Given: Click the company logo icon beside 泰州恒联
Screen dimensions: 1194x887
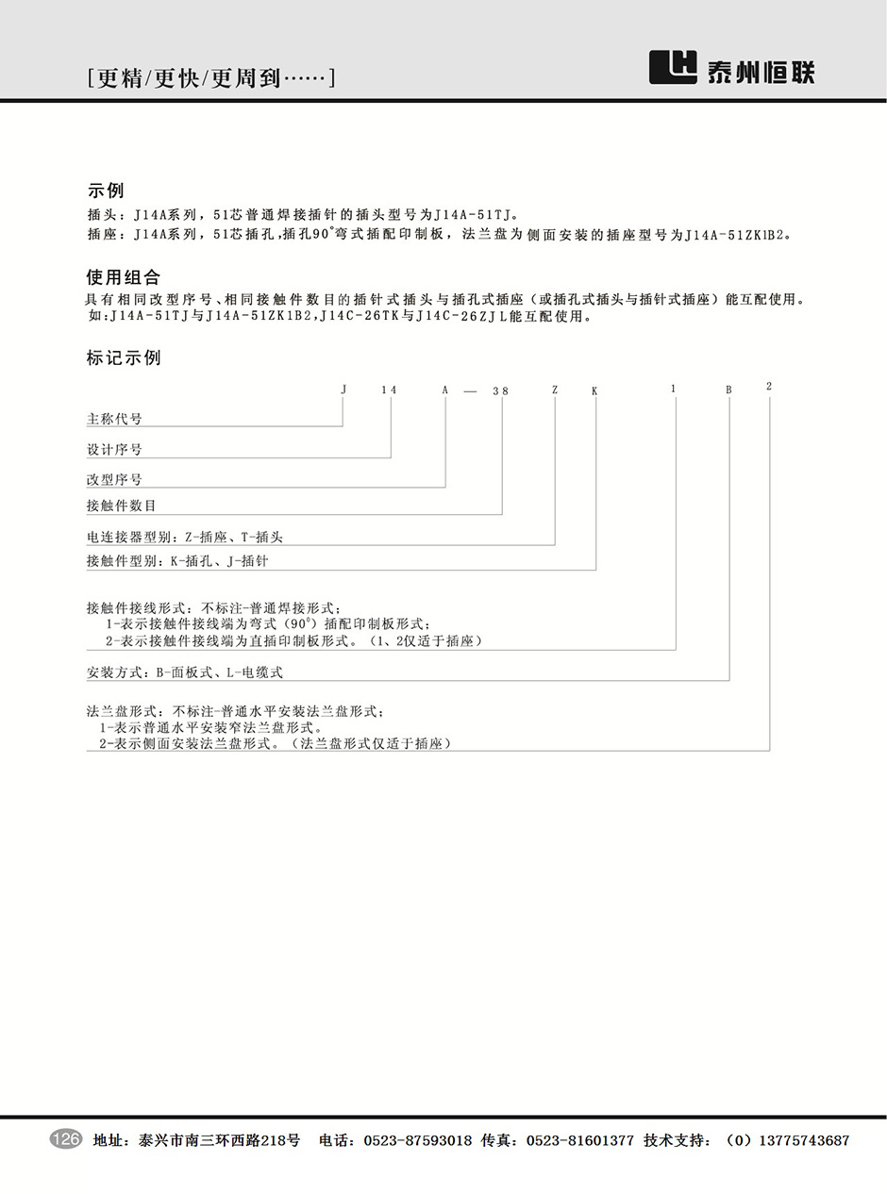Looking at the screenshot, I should pos(673,68).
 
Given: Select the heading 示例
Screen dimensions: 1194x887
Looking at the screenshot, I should pos(105,191).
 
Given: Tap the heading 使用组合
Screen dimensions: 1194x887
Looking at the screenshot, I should pos(124,277).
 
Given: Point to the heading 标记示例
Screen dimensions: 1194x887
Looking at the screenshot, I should pos(124,358).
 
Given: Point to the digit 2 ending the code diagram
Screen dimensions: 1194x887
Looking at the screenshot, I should pos(769,387).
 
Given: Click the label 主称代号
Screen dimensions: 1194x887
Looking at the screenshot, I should pos(114,419).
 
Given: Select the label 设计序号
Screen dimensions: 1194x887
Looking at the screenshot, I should pos(114,450).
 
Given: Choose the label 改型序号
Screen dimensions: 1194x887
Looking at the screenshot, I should pos(114,480).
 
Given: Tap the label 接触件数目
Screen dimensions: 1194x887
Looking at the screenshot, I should pos(121,506).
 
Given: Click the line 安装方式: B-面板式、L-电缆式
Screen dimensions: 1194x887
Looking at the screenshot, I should pos(184,672).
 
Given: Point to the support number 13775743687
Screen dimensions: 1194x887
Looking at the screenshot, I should pos(801,1140).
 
